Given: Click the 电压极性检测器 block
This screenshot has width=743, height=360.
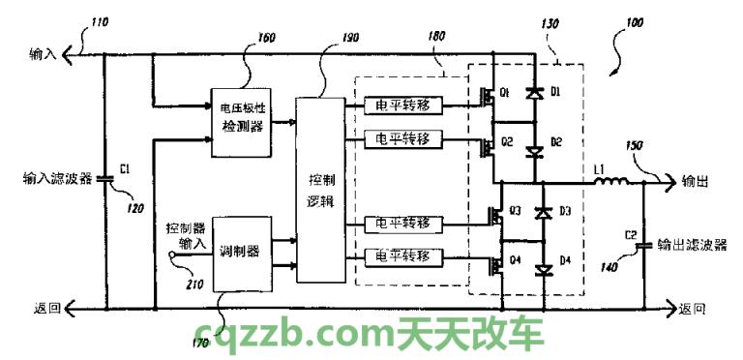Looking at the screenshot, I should click(x=242, y=122).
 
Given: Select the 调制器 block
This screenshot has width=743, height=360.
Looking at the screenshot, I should click(x=241, y=252).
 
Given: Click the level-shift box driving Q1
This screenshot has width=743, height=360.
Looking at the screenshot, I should click(x=403, y=105).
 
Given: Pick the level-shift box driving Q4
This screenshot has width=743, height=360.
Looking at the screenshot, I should click(x=403, y=257).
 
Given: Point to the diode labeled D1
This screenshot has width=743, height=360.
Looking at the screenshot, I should click(x=532, y=93).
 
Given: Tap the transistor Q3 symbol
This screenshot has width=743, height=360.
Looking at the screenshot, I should click(x=495, y=214).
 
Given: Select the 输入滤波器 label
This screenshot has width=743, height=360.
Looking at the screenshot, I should click(x=57, y=179).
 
